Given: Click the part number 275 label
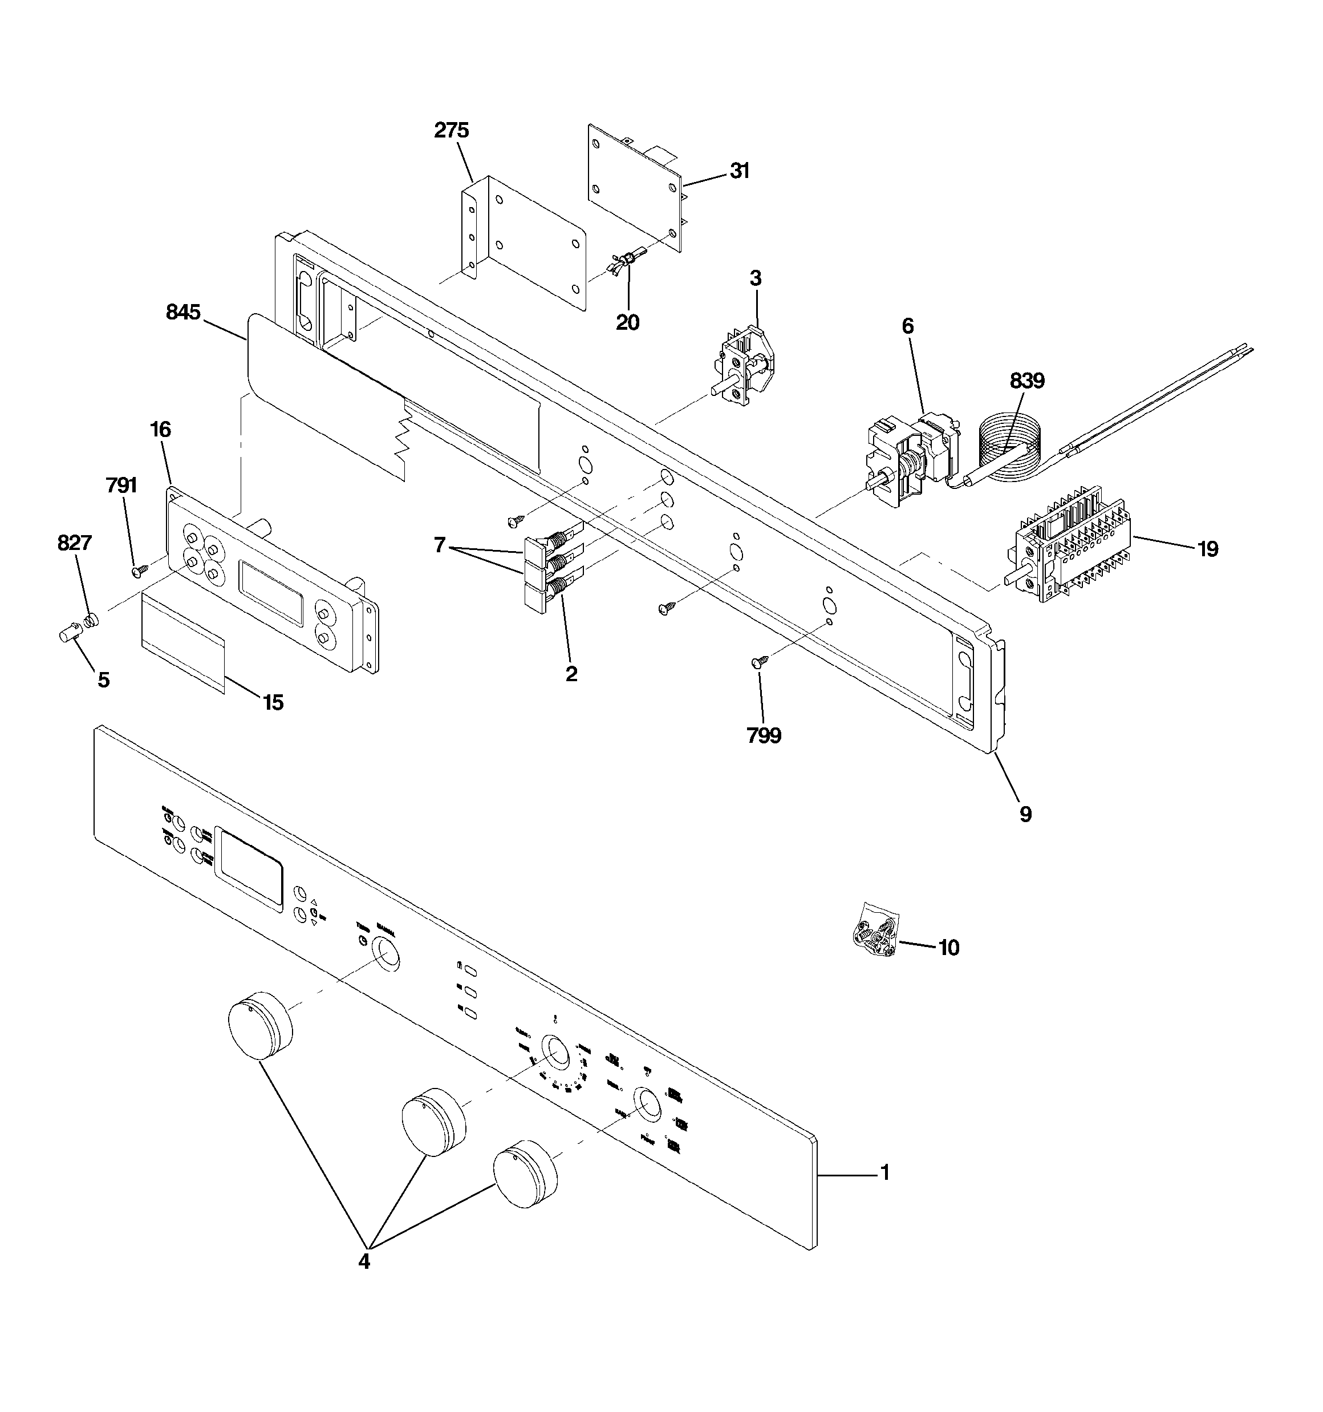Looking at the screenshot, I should click(452, 130).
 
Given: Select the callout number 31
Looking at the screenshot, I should click(740, 171).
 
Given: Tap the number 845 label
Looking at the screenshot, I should click(183, 312).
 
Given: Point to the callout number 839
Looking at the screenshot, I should click(1027, 382).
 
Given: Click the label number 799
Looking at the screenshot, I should click(764, 736).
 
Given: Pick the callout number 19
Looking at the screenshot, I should click(1207, 548).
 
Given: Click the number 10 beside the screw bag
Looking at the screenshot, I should click(949, 948).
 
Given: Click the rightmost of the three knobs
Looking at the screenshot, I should click(524, 1175).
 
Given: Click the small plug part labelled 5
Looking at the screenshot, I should click(67, 632).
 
